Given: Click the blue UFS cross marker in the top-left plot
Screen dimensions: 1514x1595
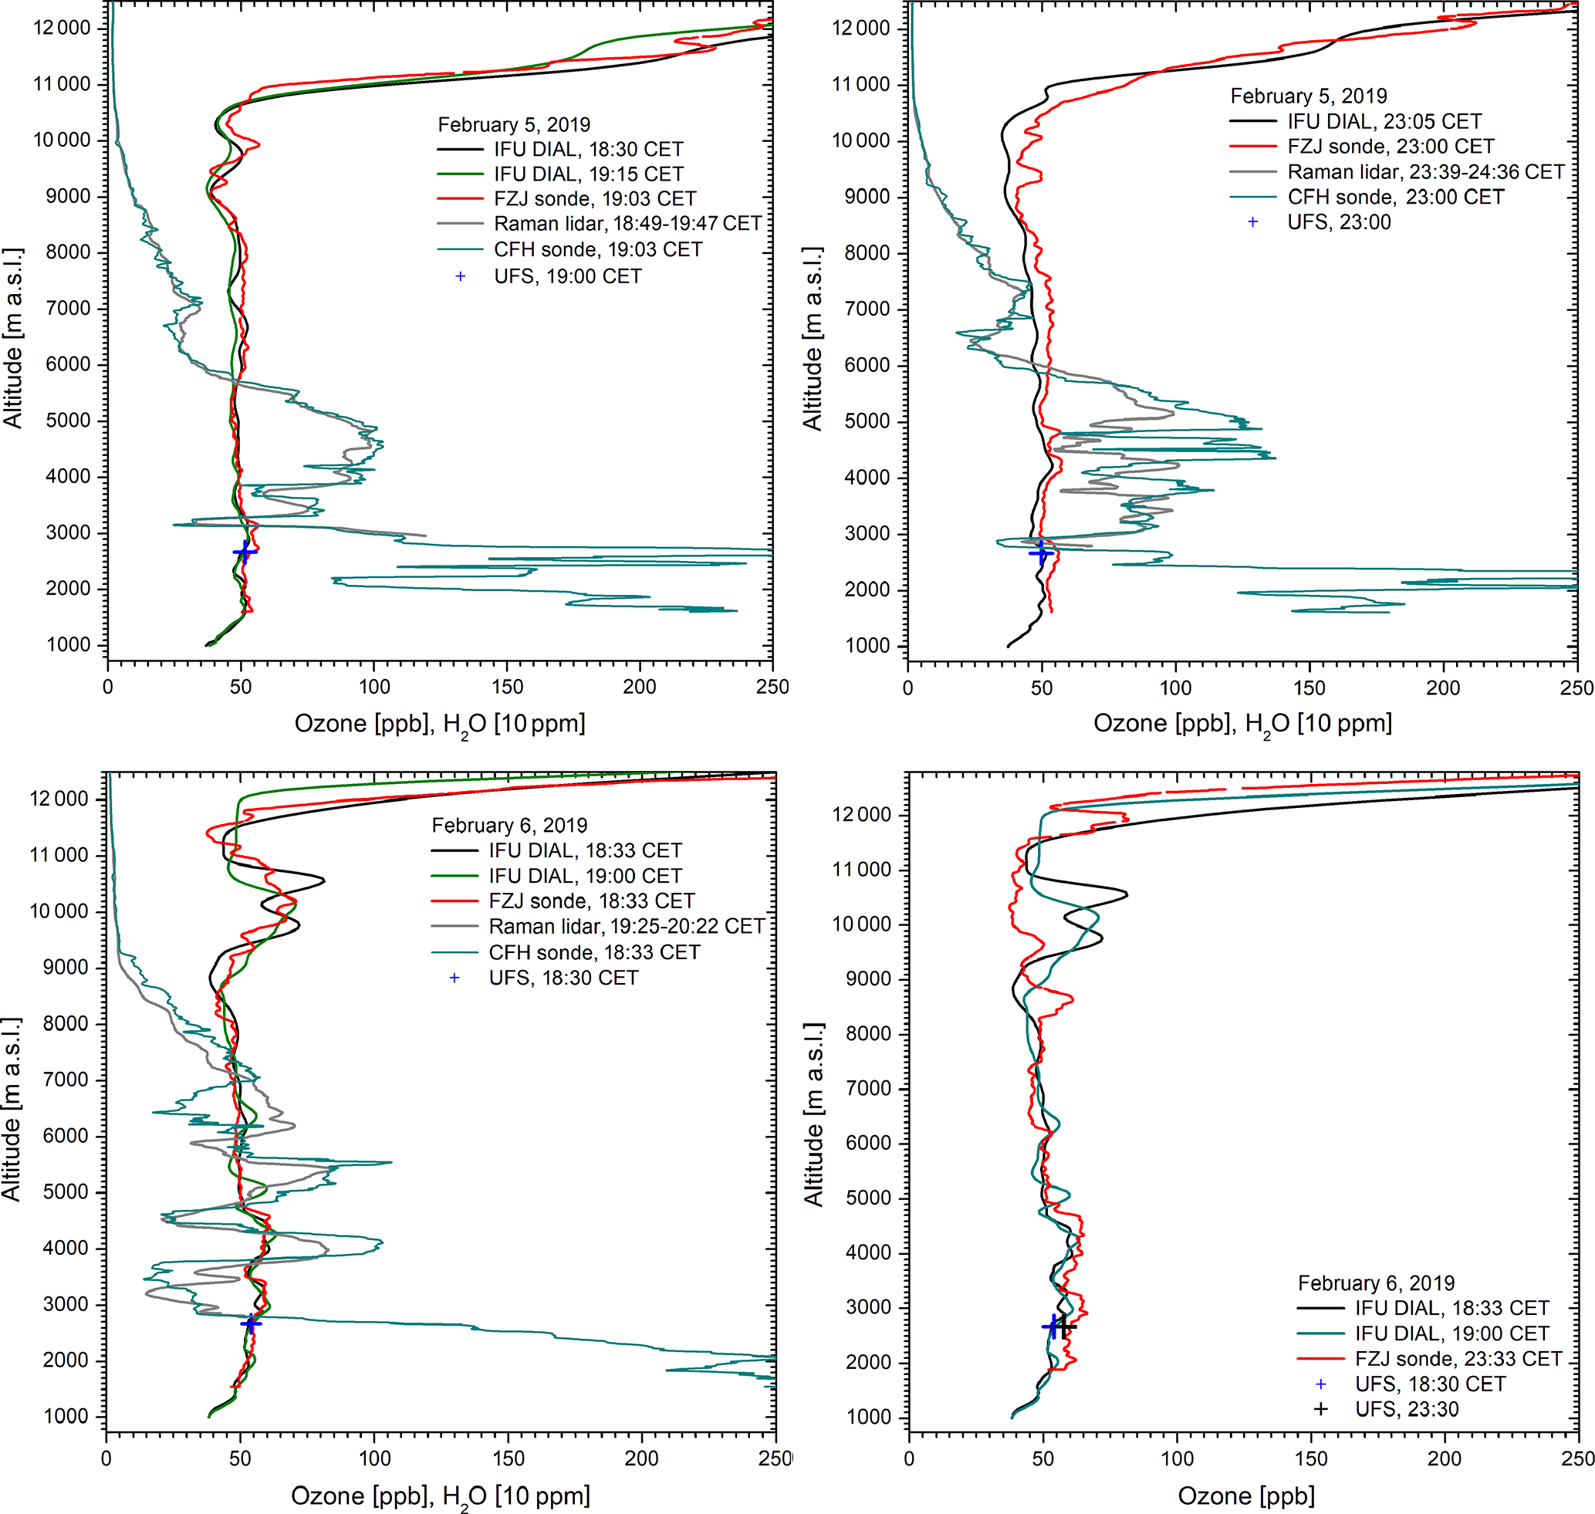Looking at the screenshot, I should (245, 552).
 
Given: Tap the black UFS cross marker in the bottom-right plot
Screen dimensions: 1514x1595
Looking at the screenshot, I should (1065, 1326).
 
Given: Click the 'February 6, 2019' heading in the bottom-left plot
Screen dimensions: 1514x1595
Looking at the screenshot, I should (509, 825).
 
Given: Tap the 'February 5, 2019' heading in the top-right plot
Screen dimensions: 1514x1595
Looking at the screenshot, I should (1309, 96).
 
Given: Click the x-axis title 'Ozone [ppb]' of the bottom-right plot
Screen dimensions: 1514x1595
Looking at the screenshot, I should (1245, 1495).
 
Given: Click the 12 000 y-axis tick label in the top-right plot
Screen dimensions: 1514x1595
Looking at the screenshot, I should (860, 29).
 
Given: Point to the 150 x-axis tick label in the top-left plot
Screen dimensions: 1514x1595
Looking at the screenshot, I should (507, 687).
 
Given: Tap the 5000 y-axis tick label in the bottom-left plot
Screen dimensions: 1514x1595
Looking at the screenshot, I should (66, 1192).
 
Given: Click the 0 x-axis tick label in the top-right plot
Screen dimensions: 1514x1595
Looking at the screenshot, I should (908, 688).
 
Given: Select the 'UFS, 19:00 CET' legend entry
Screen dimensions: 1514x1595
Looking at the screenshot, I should (567, 276).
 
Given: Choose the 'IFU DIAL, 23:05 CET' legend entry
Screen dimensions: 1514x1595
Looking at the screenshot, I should (1384, 122).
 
